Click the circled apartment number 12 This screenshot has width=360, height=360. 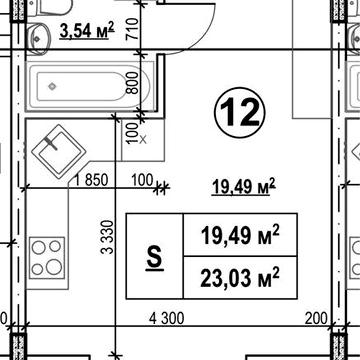(x=240, y=112)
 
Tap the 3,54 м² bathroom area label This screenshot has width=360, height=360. (x=87, y=30)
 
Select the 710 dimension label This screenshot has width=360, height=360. (x=132, y=29)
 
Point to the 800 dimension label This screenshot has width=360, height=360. (x=132, y=83)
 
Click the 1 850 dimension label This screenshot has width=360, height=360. (x=92, y=180)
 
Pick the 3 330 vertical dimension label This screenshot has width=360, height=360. (x=108, y=237)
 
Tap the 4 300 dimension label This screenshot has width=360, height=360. (x=167, y=319)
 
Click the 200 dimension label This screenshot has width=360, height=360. (x=316, y=319)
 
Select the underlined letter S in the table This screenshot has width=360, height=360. (x=155, y=258)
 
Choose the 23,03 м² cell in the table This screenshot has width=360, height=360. (x=240, y=278)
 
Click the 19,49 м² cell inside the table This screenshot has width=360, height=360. (x=240, y=235)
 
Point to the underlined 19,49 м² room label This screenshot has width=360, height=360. (x=244, y=187)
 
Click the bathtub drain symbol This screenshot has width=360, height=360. (x=52, y=86)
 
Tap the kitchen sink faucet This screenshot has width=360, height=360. (x=51, y=143)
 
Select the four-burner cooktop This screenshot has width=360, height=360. (x=47, y=258)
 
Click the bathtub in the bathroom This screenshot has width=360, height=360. (x=88, y=86)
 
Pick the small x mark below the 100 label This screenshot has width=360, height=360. (x=143, y=140)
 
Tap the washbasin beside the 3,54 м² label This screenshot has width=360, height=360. (x=38, y=39)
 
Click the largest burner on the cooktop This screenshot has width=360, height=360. (x=53, y=267)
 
